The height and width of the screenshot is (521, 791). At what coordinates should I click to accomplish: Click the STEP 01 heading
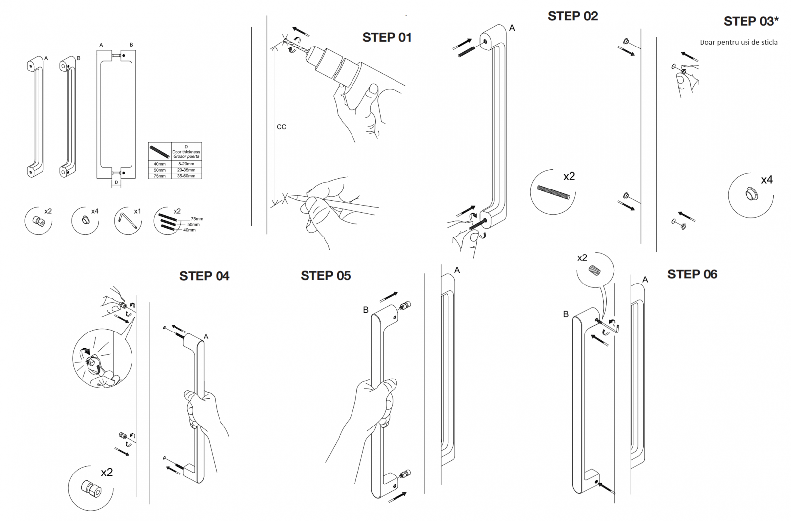click(x=387, y=37)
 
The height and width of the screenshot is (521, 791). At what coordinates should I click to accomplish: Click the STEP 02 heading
click(x=572, y=16)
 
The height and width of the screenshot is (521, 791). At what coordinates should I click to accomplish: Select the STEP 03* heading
click(x=750, y=21)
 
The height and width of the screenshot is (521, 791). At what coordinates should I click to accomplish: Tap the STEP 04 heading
click(x=204, y=276)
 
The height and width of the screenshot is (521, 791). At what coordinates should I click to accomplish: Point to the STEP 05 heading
click(x=325, y=276)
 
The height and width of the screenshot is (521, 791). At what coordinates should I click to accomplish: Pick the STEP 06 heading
click(x=692, y=274)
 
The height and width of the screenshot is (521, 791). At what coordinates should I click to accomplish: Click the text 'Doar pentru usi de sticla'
click(x=738, y=42)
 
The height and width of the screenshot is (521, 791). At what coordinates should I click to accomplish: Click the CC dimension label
click(x=281, y=127)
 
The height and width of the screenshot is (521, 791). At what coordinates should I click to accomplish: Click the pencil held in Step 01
click(x=336, y=203)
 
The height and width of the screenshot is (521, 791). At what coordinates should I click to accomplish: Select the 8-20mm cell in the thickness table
click(x=186, y=164)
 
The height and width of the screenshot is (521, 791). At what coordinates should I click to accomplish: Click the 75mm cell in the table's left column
click(x=159, y=176)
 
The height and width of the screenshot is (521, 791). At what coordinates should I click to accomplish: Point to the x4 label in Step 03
click(x=766, y=180)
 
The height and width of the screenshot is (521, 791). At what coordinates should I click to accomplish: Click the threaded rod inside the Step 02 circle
click(x=553, y=192)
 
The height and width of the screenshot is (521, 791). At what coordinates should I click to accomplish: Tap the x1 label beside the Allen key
click(x=137, y=211)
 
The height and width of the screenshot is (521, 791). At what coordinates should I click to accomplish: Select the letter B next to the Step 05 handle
click(x=366, y=310)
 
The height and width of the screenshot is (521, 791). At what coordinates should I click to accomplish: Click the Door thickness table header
click(x=186, y=152)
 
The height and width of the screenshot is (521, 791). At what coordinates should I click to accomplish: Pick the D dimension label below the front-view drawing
click(x=117, y=182)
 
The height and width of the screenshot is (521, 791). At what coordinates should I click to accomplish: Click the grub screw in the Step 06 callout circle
click(x=594, y=271)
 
